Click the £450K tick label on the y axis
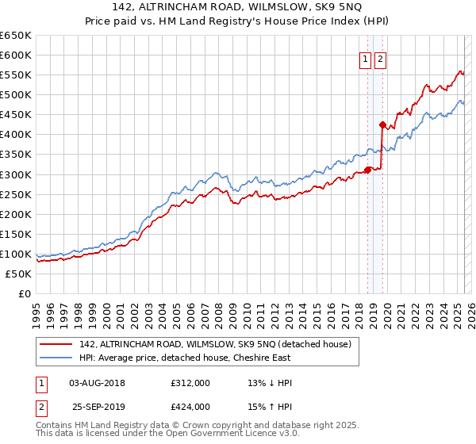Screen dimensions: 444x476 coord(16,114)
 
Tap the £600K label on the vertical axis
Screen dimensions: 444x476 coord(16,55)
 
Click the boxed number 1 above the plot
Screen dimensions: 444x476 coord(365,59)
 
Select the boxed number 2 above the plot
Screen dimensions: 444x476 coord(380,59)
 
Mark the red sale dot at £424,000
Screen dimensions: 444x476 coord(382,124)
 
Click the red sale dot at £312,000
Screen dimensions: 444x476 coord(367,169)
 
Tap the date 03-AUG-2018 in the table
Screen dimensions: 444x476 coord(97,383)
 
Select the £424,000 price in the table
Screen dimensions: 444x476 coord(190,407)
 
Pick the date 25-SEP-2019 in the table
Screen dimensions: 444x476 coord(97,407)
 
